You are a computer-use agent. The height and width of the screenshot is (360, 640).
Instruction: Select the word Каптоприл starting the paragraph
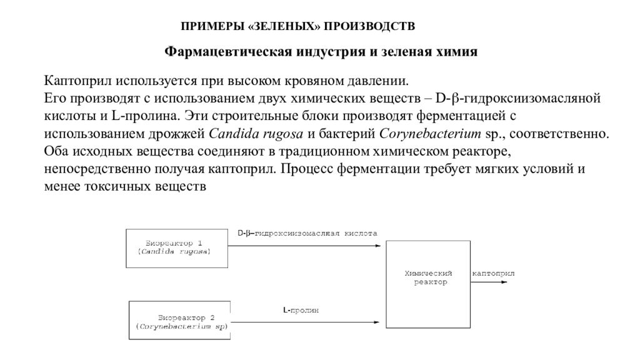pos(77,81)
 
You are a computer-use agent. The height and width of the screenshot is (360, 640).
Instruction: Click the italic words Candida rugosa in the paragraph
pos(256,134)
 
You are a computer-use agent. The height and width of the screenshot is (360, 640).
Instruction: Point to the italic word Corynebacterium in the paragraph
pos(430,134)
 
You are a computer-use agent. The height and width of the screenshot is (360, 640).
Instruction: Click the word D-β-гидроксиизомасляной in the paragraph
pos(518,98)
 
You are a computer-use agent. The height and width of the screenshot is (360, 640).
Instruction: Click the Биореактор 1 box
pos(177,249)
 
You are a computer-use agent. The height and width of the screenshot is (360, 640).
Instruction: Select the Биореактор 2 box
pos(179,321)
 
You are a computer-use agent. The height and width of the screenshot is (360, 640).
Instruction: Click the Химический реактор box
pos(428,284)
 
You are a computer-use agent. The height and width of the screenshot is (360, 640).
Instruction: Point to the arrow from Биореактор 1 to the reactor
pos(304,246)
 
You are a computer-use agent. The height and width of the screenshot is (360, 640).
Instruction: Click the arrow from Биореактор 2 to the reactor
pos(305,322)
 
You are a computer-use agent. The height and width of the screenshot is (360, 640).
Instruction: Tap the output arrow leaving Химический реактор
pos(489,282)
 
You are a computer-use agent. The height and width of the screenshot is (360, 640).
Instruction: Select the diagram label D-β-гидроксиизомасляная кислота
pos(307,234)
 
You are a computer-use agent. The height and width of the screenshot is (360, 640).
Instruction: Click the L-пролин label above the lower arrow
pos(301,310)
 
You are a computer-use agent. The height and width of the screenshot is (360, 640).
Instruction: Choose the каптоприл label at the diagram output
pos(493,274)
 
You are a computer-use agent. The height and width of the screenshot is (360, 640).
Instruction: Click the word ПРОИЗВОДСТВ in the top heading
pos(369,26)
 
